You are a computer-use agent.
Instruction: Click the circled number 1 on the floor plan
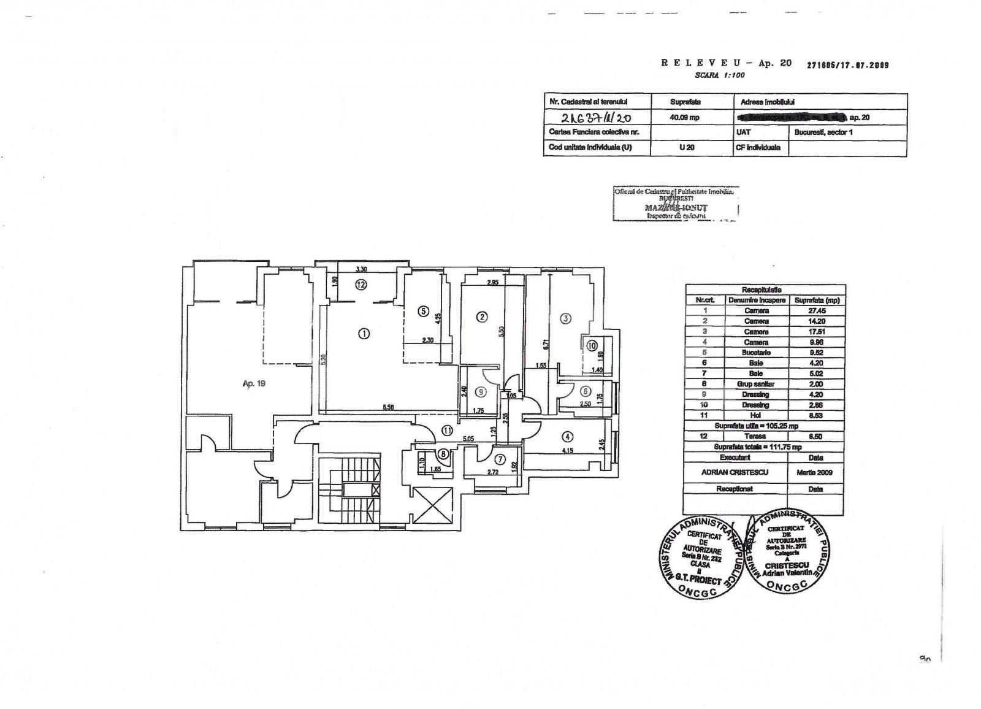364,334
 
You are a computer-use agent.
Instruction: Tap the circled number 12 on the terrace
362,285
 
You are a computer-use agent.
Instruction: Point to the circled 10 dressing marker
592,346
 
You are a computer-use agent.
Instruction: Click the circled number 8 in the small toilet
443,454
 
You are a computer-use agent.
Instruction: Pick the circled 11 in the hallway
448,431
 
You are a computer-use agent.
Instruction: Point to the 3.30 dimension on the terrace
362,269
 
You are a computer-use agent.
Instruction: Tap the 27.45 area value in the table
816,311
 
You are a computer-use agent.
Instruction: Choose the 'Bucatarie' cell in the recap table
757,353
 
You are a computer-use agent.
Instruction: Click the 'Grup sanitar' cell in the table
757,384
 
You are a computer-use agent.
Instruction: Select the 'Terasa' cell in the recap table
757,436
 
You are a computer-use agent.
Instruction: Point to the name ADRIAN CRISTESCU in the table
735,473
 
